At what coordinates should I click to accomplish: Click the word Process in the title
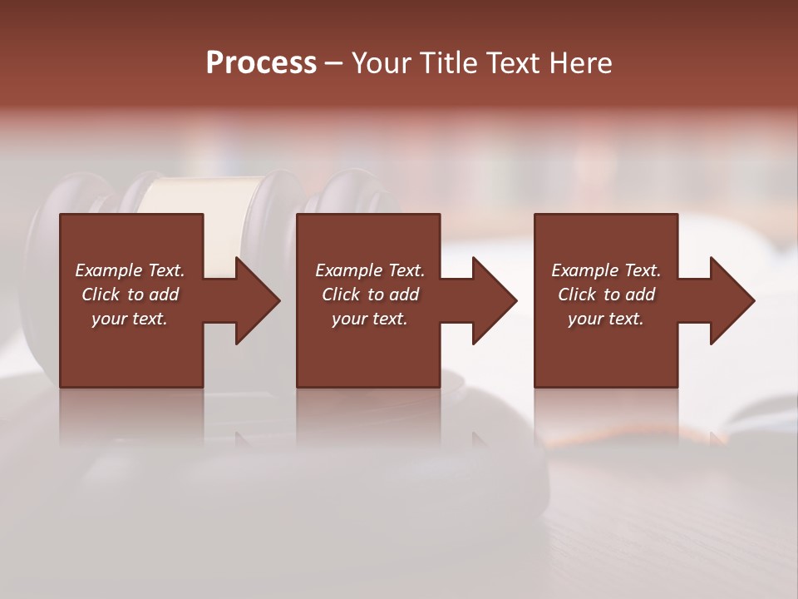point(261,63)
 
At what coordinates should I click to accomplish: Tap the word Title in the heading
point(447,63)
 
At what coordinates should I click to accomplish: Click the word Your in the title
point(383,63)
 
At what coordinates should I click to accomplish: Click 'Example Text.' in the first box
point(130,270)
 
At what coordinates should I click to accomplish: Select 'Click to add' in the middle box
point(370,295)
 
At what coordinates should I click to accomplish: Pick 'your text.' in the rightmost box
point(606,319)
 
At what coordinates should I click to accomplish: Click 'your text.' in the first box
point(130,319)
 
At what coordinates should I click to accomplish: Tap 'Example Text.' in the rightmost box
point(606,270)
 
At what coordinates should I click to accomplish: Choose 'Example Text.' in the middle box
point(370,270)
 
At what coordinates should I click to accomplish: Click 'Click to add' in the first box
point(130,295)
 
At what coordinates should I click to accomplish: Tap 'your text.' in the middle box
point(370,319)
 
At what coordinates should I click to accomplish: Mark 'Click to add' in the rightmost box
point(606,295)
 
